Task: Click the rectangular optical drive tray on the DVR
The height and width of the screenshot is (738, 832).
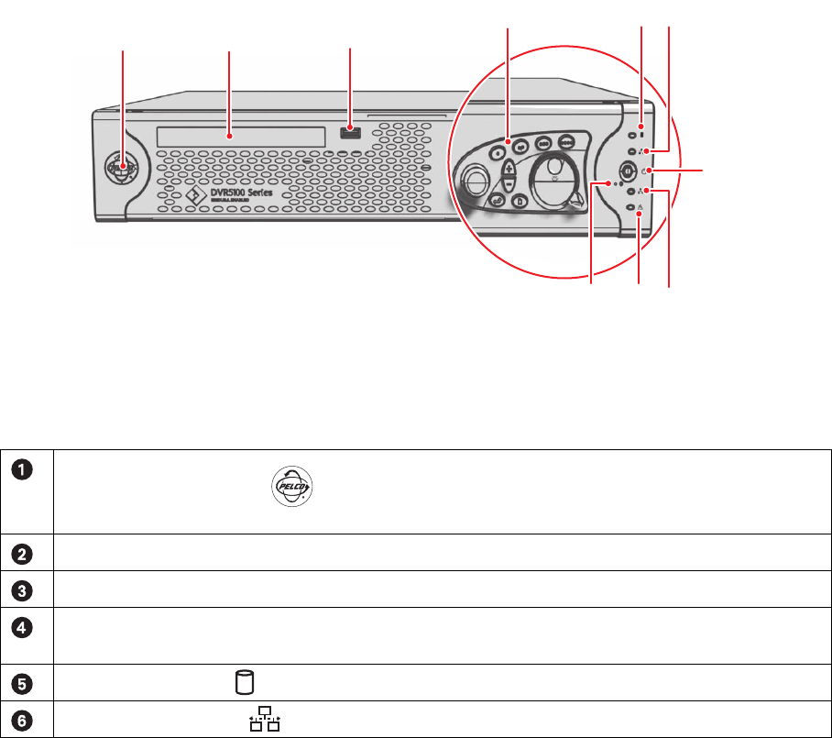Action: tap(240, 136)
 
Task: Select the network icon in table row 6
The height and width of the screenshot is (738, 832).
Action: tap(265, 720)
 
